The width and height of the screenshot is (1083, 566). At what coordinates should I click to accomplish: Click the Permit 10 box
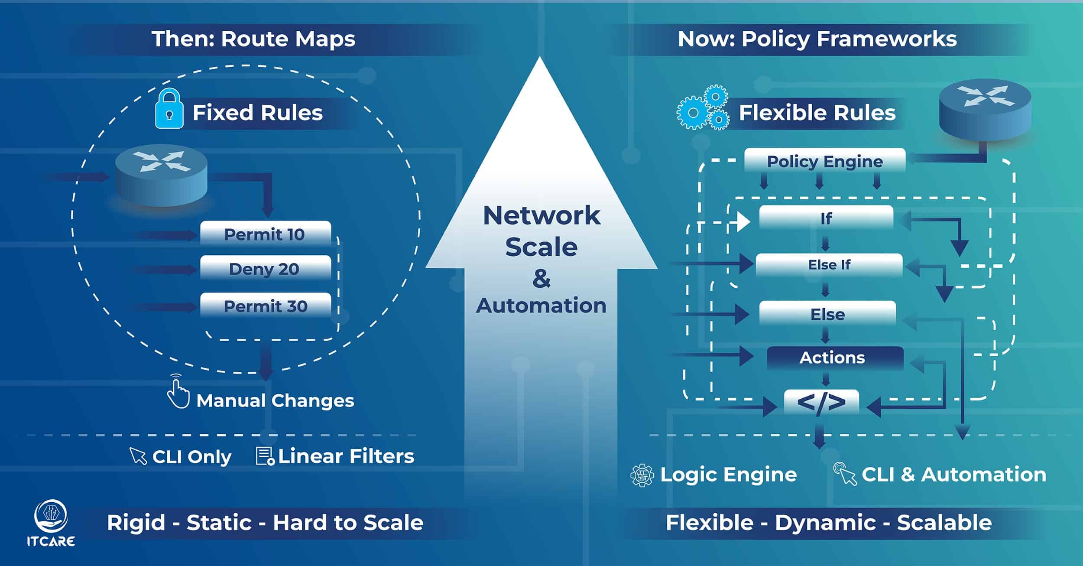tap(265, 234)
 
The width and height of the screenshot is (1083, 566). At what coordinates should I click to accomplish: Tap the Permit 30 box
tap(265, 306)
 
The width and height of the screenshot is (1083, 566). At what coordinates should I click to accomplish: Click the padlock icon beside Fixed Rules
tap(169, 109)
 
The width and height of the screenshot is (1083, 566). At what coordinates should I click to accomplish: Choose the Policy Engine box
tap(825, 161)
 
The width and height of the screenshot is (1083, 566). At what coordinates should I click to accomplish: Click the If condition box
tap(826, 218)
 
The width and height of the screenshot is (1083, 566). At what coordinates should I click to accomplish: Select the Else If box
tap(829, 265)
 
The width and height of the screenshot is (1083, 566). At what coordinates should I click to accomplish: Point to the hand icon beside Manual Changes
tap(178, 392)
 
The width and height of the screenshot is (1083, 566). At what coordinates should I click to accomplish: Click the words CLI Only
tap(192, 457)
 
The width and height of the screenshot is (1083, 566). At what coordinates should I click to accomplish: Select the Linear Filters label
tap(346, 456)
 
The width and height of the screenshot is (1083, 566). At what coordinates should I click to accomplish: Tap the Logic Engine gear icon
tap(642, 475)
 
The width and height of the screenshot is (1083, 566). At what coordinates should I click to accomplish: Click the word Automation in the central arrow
tap(541, 306)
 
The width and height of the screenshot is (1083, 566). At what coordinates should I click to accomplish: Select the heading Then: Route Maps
tap(253, 39)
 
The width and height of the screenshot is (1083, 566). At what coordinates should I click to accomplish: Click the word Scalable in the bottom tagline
tap(944, 523)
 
